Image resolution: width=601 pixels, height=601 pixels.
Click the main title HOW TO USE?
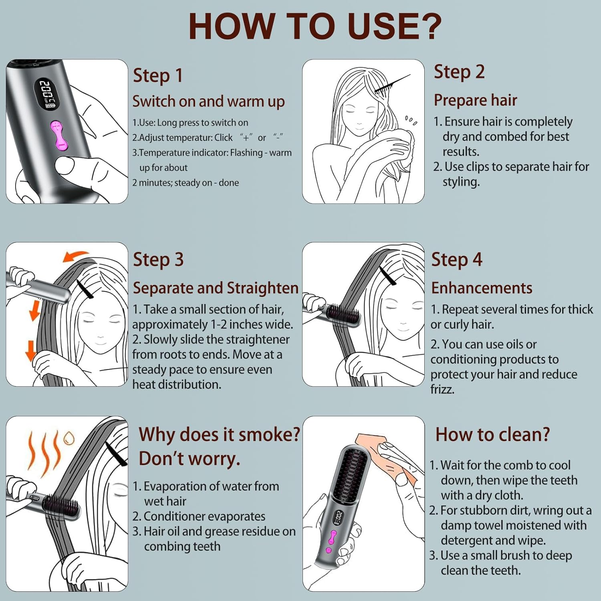(315, 26)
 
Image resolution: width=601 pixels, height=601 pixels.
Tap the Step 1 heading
(157, 76)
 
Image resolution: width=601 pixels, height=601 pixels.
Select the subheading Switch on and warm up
(208, 101)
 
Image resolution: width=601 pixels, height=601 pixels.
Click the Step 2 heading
(459, 72)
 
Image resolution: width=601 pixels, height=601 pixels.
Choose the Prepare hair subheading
(475, 100)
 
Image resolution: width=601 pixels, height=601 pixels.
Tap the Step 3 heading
(158, 260)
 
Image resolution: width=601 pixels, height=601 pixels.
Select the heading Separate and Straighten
(216, 288)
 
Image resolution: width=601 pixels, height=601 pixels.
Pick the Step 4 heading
(457, 260)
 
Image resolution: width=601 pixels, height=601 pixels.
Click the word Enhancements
(482, 288)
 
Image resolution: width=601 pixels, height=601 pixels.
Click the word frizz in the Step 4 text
(442, 389)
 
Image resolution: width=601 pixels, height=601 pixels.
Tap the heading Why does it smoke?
(219, 434)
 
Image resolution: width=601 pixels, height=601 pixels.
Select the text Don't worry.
(189, 459)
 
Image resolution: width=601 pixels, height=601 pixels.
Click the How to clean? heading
(492, 435)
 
